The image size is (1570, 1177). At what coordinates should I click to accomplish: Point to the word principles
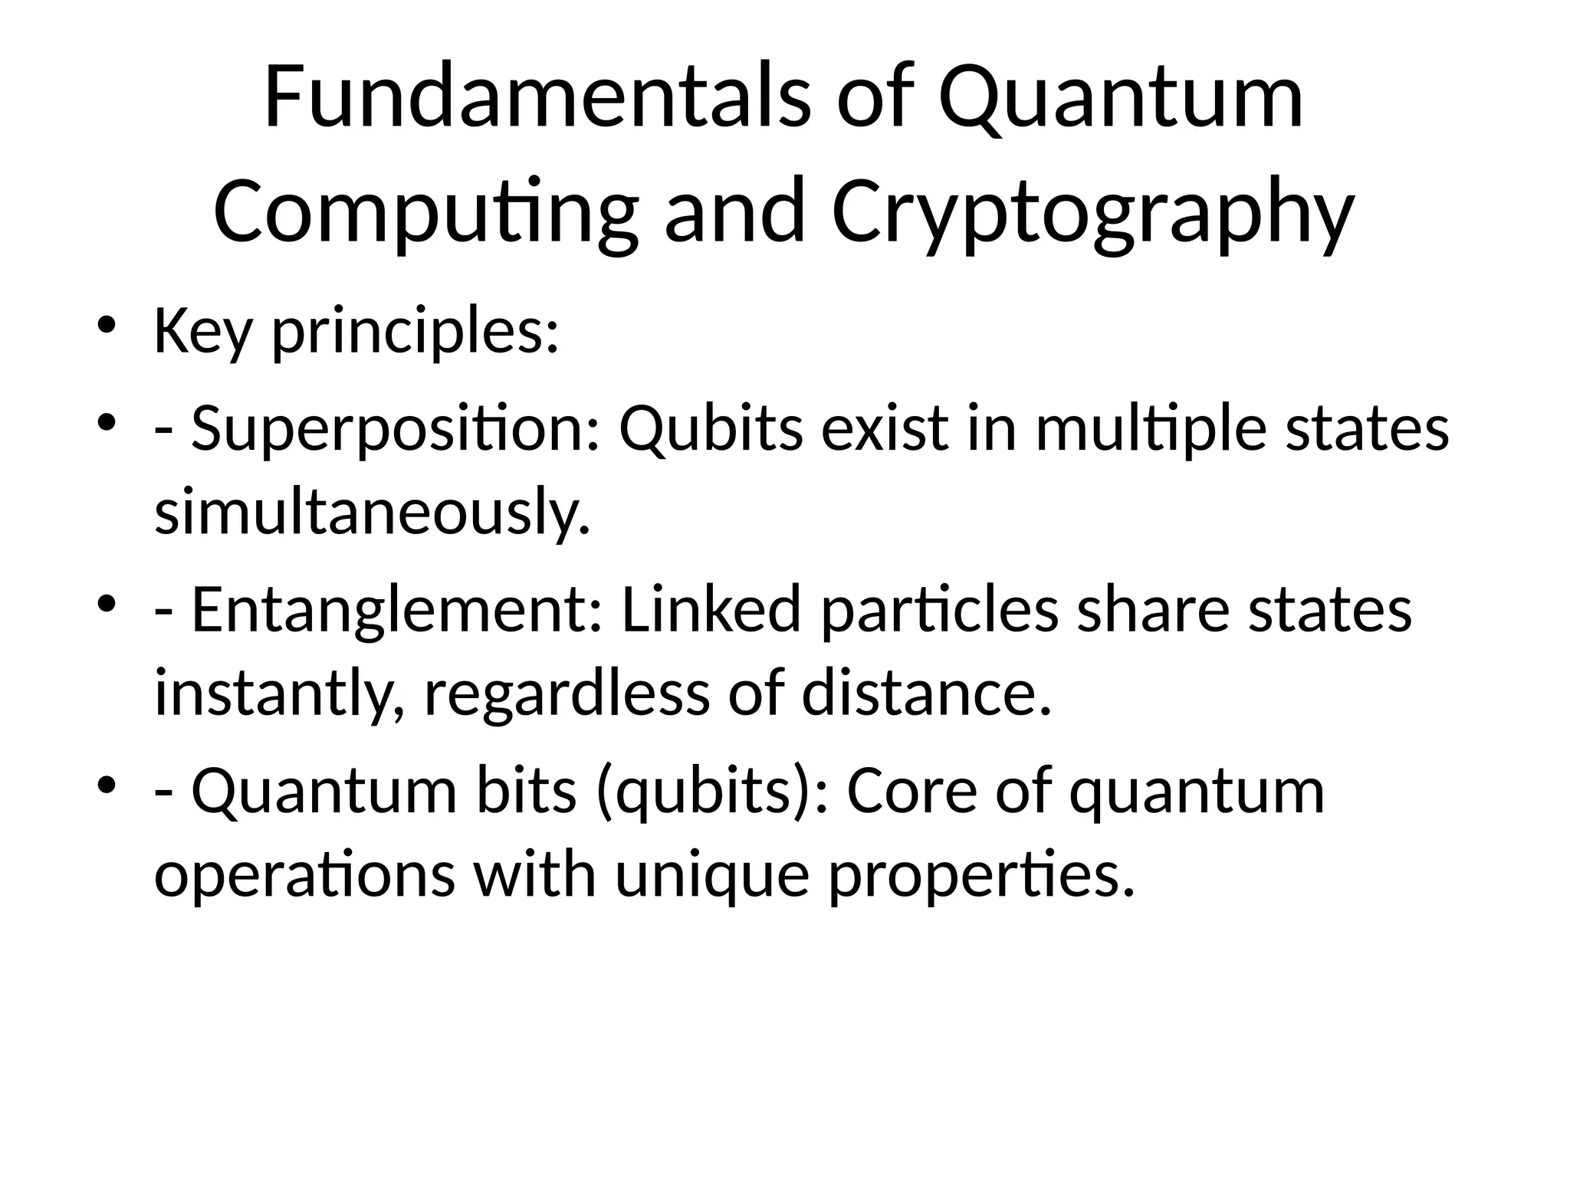click(415, 332)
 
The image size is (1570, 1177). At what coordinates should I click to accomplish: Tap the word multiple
click(1151, 428)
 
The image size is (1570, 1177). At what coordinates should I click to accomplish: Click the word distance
click(926, 693)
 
